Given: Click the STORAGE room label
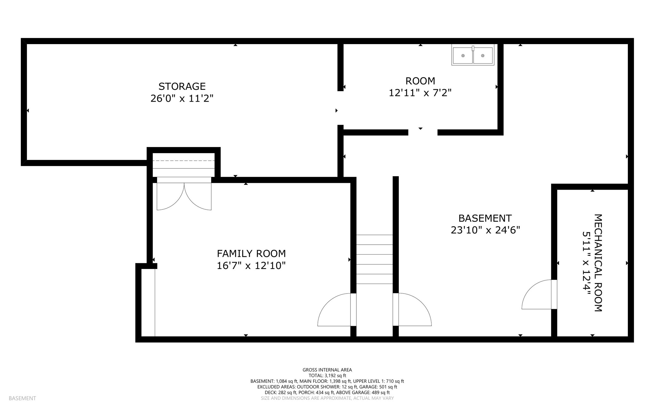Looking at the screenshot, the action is coord(182,86).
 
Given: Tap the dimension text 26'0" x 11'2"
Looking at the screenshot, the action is coord(182,98).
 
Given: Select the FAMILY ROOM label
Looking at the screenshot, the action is coord(251,254).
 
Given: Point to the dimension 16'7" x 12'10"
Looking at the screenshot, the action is coord(251,265).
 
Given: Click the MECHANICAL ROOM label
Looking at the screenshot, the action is coord(598,263).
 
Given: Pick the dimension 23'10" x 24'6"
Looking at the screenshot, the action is coord(485,230).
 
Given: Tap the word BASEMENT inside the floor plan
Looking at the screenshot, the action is coord(485,218).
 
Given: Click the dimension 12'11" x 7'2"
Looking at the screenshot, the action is coord(420,93).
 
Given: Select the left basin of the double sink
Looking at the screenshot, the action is coord(463,56).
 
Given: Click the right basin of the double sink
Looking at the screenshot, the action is coord(483,56).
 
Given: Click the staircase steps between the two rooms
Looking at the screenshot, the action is coord(375,259).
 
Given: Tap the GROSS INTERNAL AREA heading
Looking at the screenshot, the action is coord(327,370).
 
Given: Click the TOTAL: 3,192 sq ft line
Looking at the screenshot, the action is coord(327,376).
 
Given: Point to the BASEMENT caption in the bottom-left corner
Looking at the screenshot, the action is coord(22,398).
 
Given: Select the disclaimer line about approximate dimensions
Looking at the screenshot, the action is coord(327,398).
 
